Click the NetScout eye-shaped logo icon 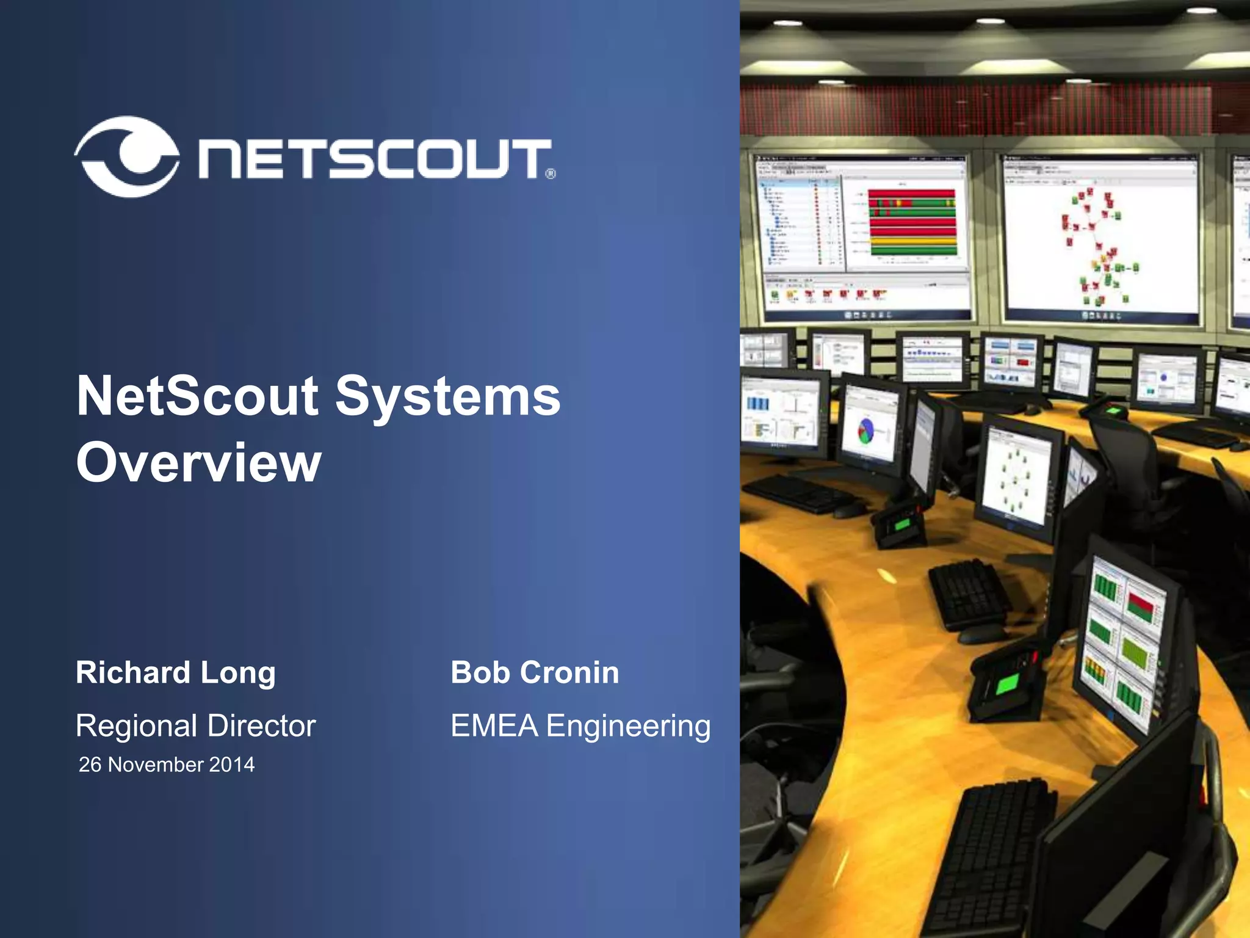tap(127, 156)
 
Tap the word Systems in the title tap(447, 397)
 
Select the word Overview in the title tap(198, 462)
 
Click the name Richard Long tap(176, 673)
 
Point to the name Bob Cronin tap(535, 673)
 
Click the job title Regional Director tap(195, 726)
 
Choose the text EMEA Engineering tap(580, 726)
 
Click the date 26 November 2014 tap(167, 765)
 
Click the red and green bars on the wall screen tap(912, 223)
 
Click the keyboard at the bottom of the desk tap(989, 855)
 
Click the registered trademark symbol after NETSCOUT tap(550, 174)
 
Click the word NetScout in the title tap(197, 397)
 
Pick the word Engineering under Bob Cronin tap(628, 726)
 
